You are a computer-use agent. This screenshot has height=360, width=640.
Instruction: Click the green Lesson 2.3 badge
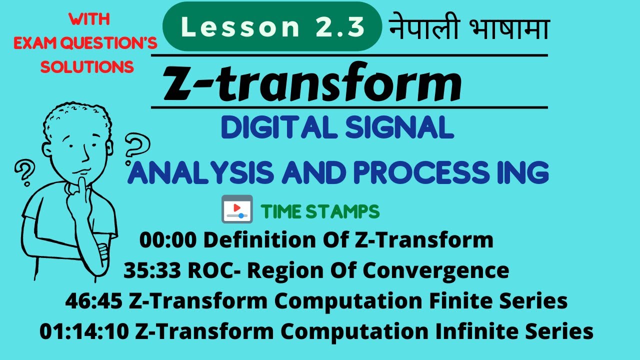[x=272, y=27]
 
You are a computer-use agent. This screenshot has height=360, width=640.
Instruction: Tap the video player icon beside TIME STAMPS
[x=236, y=209]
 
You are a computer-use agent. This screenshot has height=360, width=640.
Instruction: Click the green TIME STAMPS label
[x=320, y=212]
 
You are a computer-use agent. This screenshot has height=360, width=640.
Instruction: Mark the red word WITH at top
[x=89, y=20]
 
